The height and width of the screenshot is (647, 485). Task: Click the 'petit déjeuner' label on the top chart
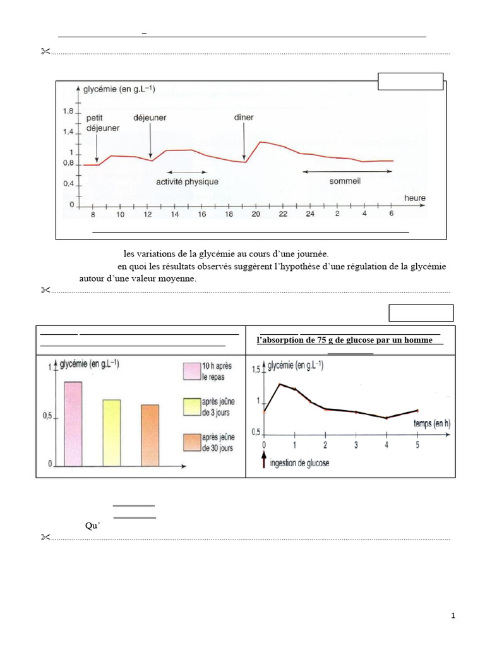tap(102, 123)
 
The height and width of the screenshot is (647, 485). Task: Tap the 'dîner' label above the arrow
tap(243, 117)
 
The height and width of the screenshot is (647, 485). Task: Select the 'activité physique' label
tap(187, 182)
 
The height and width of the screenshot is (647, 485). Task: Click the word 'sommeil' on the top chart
tap(345, 181)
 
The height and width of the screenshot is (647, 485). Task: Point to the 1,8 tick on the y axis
tap(68, 111)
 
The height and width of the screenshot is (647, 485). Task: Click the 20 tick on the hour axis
tap(256, 215)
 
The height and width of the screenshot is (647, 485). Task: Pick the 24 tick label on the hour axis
tap(310, 215)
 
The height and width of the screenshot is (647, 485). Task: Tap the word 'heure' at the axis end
tap(415, 198)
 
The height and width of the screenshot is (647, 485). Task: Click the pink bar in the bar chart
tap(73, 423)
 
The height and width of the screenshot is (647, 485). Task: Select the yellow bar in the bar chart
tap(112, 432)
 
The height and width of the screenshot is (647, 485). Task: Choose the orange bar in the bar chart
tap(150, 435)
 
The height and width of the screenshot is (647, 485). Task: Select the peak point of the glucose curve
tap(280, 384)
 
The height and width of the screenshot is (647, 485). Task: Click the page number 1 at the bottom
tap(453, 616)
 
